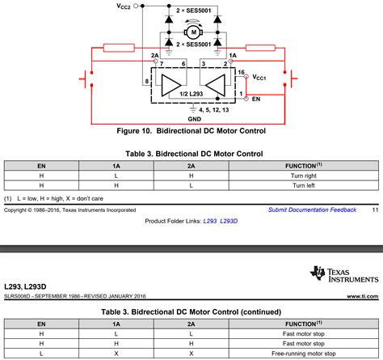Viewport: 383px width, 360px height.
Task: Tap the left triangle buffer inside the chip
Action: pyautogui.click(x=172, y=84)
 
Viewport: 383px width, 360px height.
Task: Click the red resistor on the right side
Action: pyautogui.click(x=263, y=50)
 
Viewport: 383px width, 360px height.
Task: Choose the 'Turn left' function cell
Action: pyautogui.click(x=303, y=184)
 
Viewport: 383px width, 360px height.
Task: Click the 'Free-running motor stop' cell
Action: pyautogui.click(x=303, y=353)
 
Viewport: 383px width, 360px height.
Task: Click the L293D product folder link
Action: pyautogui.click(x=234, y=221)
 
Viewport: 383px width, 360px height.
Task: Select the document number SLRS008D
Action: pyautogui.click(x=24, y=297)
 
